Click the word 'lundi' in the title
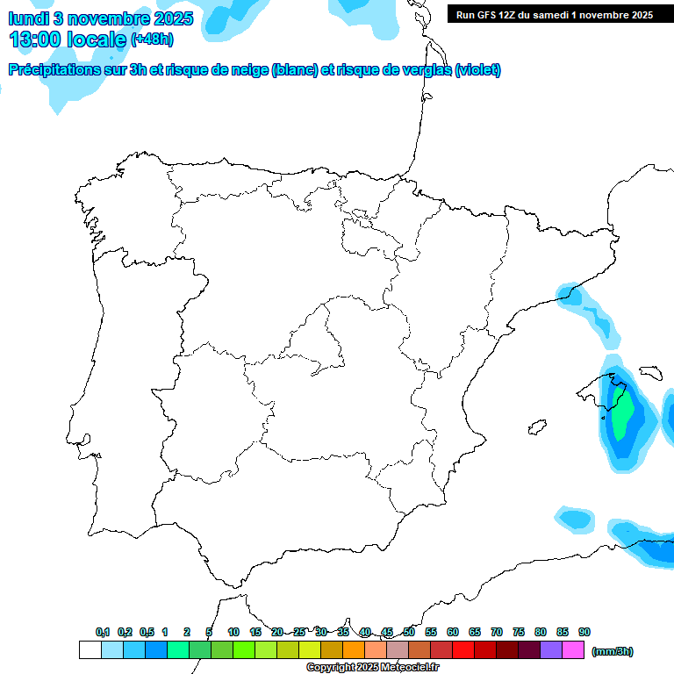point(28,18)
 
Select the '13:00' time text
point(36,39)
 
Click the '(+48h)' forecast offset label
point(153,39)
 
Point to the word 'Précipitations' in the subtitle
point(54,70)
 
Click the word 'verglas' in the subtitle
point(424,70)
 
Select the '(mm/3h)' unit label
point(612,651)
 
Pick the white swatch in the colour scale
point(90,650)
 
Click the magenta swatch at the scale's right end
point(573,650)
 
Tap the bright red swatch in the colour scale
point(463,650)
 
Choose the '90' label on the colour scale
point(584,632)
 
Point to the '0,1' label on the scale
point(103,632)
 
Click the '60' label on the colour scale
point(453,632)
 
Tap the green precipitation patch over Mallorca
point(621,415)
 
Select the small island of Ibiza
point(534,428)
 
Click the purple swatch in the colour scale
point(551,650)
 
